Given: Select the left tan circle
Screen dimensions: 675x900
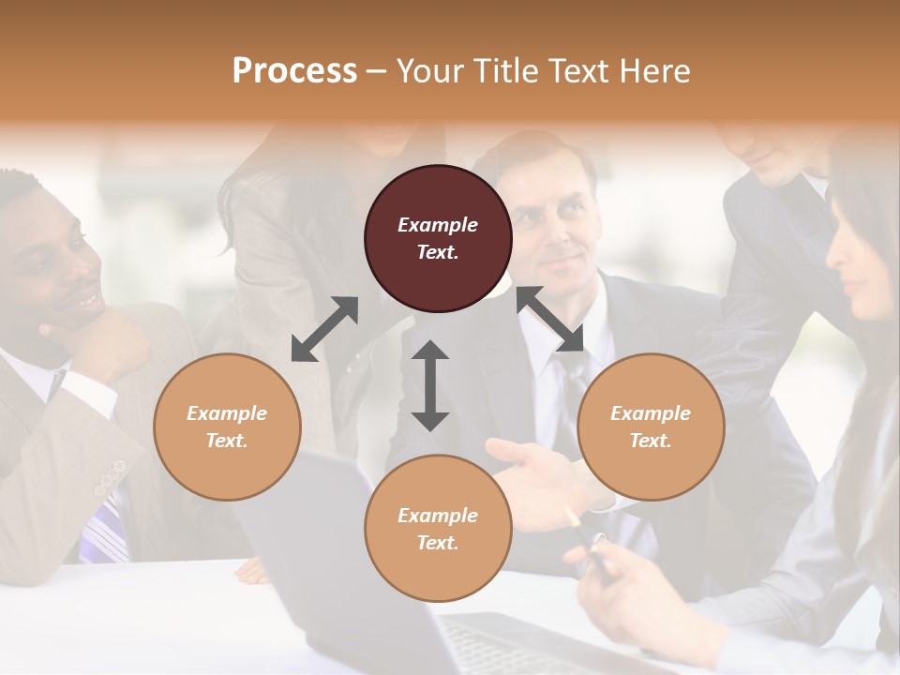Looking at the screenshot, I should click(x=227, y=427).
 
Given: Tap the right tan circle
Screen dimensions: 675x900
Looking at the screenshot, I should click(x=651, y=427).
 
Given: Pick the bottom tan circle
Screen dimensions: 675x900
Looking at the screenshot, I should click(x=438, y=528).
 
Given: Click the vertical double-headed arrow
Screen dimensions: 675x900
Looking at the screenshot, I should click(x=430, y=385).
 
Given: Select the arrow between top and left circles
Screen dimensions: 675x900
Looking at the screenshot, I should click(x=324, y=328).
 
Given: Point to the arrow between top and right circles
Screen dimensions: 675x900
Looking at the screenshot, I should click(x=550, y=319).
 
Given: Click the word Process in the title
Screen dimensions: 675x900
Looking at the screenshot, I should click(x=294, y=70).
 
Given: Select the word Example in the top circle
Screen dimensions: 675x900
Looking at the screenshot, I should click(x=438, y=225).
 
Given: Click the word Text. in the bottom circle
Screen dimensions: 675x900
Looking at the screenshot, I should click(x=438, y=543).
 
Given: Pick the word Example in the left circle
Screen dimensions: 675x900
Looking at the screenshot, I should click(x=227, y=413).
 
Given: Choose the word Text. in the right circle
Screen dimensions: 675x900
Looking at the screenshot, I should click(x=651, y=441).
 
